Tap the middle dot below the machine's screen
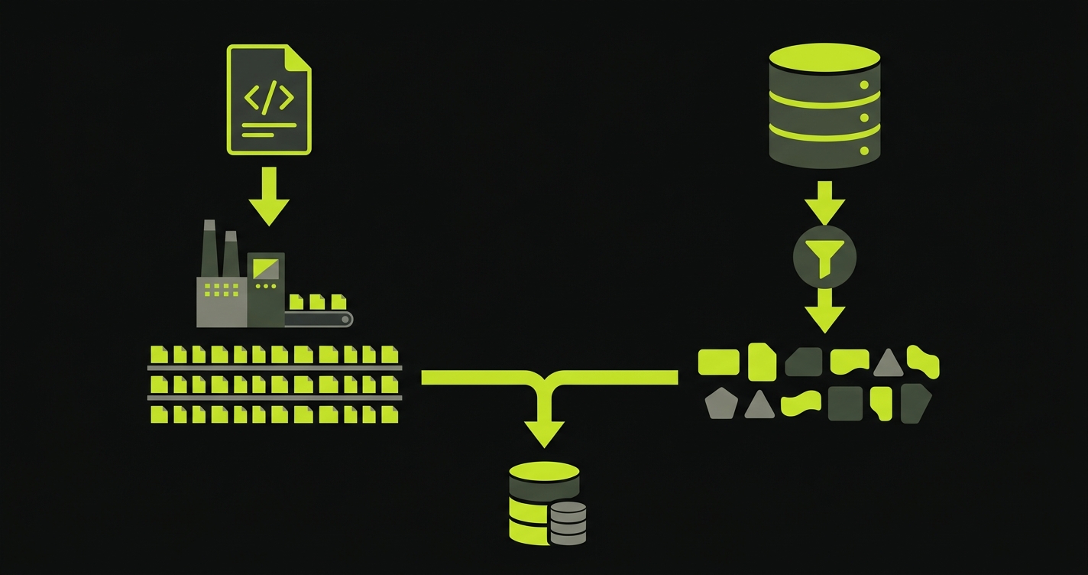[x=265, y=286]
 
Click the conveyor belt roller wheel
[x=345, y=319]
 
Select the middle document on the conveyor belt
[x=316, y=301]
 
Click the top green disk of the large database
[x=824, y=58]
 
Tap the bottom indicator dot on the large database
[x=865, y=150]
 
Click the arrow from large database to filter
[x=824, y=203]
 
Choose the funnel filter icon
[x=824, y=256]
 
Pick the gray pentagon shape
[x=719, y=403]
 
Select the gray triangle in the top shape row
[x=888, y=362]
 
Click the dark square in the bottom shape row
[x=845, y=403]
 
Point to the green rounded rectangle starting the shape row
[x=718, y=362]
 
